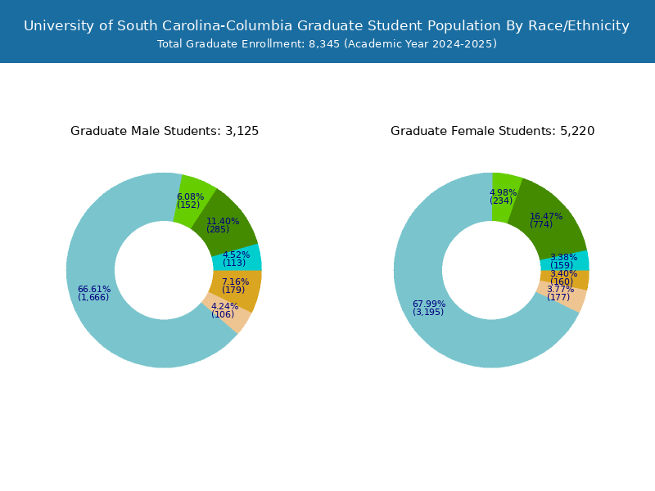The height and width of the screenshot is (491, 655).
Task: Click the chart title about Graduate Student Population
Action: [327, 25]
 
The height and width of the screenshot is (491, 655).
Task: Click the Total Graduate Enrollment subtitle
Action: [327, 44]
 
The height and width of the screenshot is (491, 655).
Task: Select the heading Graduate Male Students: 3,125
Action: [165, 131]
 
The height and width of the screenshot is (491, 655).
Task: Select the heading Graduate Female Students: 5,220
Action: [492, 131]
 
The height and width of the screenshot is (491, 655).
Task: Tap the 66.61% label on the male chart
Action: [94, 290]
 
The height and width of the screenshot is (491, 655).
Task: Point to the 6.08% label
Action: [190, 197]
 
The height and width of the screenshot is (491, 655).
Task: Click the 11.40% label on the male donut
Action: [222, 222]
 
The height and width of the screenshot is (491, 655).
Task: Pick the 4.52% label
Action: [236, 255]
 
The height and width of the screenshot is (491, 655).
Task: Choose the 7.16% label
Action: [235, 282]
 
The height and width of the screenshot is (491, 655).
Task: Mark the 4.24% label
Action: [224, 307]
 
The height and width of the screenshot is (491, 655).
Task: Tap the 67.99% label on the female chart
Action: [429, 304]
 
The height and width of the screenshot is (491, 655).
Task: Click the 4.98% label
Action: [503, 193]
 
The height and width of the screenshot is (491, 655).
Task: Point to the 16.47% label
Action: [545, 217]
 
